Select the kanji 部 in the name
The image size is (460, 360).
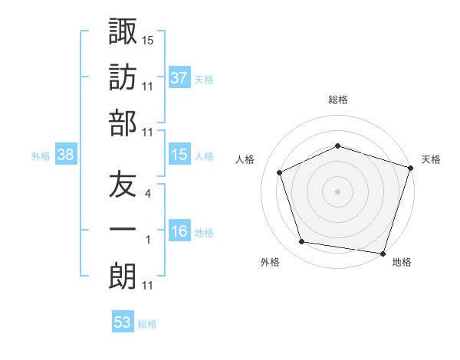click(x=123, y=123)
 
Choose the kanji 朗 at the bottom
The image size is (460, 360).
click(x=123, y=276)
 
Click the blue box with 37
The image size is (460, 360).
click(x=179, y=77)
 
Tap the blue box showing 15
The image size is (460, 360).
click(x=179, y=155)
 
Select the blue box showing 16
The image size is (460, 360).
click(x=179, y=232)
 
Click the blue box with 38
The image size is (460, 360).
click(x=66, y=155)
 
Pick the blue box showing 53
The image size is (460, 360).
click(x=123, y=322)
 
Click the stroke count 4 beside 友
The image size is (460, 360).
click(x=147, y=194)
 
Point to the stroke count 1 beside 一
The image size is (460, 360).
click(x=147, y=240)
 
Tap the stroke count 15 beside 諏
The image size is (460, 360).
click(x=148, y=40)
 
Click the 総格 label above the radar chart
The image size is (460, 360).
click(x=337, y=100)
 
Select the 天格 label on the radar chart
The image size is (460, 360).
click(x=431, y=159)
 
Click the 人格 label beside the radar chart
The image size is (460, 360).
click(x=245, y=159)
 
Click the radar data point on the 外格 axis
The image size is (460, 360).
click(x=302, y=242)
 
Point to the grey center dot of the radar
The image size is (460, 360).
click(x=337, y=191)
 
